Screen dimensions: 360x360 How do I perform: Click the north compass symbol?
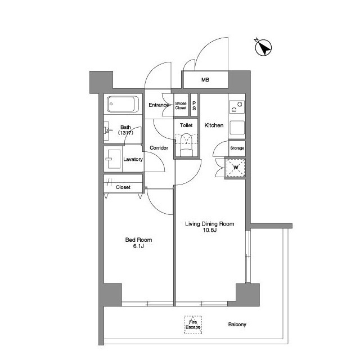point(263,48)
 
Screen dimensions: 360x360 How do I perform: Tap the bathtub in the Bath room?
point(123,104)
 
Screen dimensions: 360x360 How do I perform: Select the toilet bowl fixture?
point(186,145)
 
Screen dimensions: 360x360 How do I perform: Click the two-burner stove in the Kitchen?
point(237,107)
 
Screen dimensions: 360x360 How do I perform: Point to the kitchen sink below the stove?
point(237,128)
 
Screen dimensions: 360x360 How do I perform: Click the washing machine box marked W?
point(236,168)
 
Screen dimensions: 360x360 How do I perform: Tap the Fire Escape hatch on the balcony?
point(193,325)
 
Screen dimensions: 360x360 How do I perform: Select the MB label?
point(205,80)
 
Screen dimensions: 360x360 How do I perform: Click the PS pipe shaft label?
point(194,106)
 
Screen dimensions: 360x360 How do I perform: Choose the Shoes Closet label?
point(181,106)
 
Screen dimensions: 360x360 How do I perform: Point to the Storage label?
point(237,148)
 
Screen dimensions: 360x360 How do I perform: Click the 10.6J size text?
point(210,230)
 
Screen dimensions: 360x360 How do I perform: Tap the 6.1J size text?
point(138,246)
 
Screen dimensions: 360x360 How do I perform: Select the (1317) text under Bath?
point(125,133)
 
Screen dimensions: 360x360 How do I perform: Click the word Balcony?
point(237,325)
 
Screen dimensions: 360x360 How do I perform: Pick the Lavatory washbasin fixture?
point(114,159)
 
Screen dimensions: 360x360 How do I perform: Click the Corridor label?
point(159,148)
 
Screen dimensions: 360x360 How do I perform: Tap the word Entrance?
point(159,105)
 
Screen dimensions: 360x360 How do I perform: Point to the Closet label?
point(123,187)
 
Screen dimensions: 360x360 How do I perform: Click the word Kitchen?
point(214,125)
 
